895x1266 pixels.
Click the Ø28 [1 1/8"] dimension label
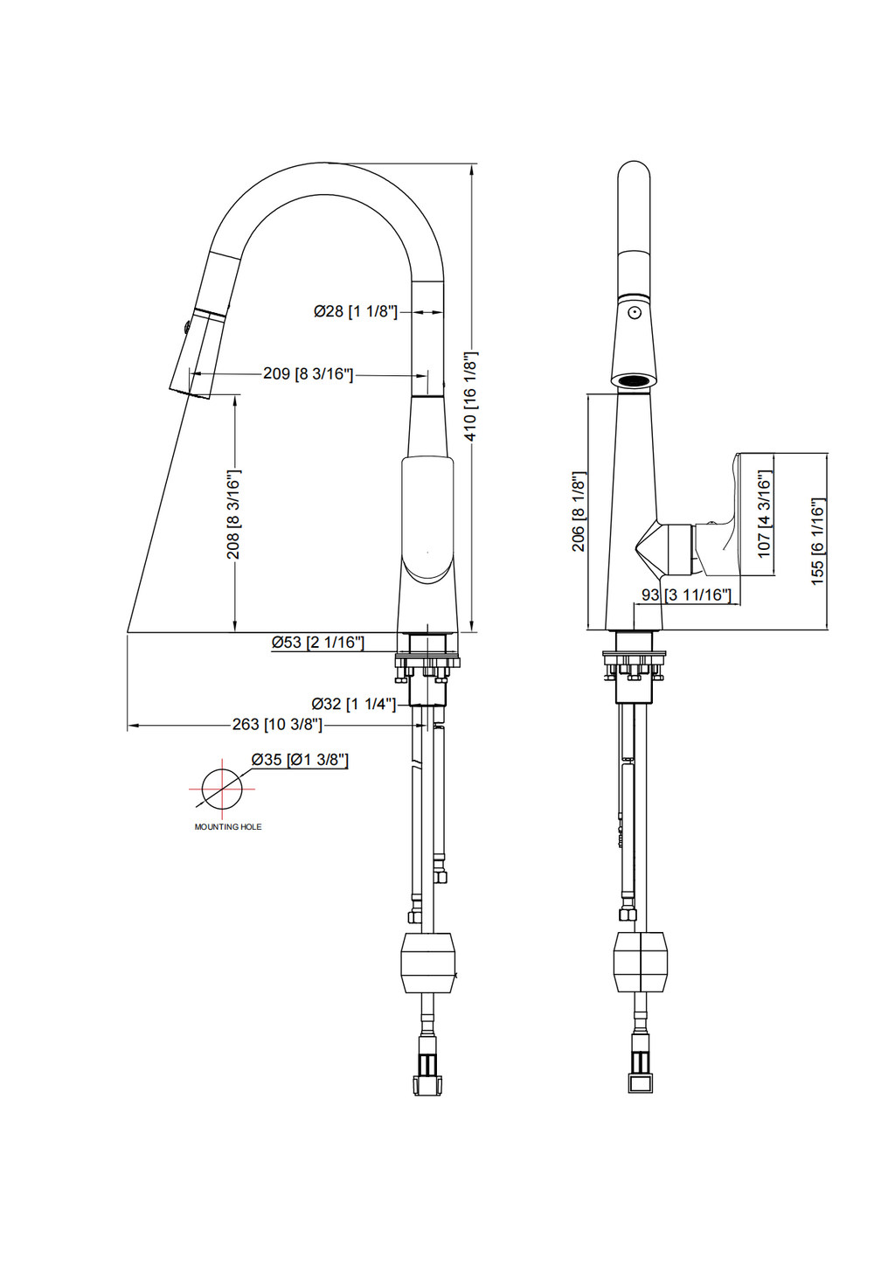[356, 311]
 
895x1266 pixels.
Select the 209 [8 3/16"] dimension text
[308, 373]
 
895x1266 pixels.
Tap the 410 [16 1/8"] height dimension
[471, 395]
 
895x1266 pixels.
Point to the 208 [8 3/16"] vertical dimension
[234, 514]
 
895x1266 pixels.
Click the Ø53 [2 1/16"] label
[317, 642]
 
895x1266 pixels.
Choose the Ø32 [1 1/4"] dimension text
[354, 704]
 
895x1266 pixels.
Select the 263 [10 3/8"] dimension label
[277, 724]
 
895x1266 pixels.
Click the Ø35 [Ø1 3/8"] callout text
[300, 760]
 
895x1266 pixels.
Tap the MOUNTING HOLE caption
[228, 827]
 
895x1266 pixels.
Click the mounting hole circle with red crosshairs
[222, 790]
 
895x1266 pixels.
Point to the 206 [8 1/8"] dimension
[579, 512]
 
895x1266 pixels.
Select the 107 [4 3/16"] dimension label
[765, 515]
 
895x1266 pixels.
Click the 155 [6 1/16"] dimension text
[818, 541]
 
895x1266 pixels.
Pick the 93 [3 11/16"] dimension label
[686, 595]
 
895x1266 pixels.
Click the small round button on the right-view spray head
[635, 312]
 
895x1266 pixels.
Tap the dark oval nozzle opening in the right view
[635, 380]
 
